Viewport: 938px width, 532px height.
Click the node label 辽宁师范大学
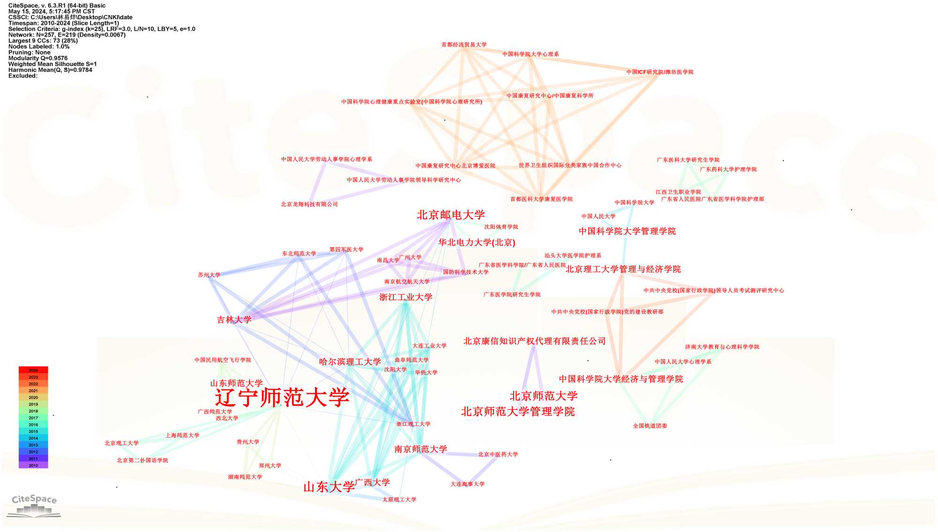[x=282, y=397]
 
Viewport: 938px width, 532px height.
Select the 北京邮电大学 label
[x=451, y=215]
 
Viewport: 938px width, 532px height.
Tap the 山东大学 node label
[x=329, y=487]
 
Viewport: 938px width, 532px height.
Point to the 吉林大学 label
[x=234, y=320]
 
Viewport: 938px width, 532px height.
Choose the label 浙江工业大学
[x=406, y=297]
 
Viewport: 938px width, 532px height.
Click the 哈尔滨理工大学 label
[x=350, y=362]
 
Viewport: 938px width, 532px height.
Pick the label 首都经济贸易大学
[x=464, y=45]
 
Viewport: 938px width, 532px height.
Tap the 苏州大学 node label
[x=209, y=275]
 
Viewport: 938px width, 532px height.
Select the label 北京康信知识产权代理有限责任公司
[x=534, y=341]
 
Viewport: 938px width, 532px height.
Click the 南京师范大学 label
[x=421, y=449]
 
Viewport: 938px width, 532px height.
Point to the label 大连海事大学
[x=468, y=484]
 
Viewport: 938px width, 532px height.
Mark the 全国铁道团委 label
[x=650, y=426]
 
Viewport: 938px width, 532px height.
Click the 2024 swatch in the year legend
[x=33, y=370]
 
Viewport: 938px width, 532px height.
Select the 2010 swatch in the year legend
[x=33, y=465]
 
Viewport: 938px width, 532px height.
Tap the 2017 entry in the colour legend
[x=33, y=418]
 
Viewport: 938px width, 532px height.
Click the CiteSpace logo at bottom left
[x=34, y=505]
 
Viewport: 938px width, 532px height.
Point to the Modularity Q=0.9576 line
[x=38, y=58]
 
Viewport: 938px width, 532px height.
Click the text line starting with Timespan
[x=63, y=23]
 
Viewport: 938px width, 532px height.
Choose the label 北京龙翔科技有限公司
[x=309, y=204]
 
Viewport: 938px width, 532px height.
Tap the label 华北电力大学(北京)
[x=477, y=242]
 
